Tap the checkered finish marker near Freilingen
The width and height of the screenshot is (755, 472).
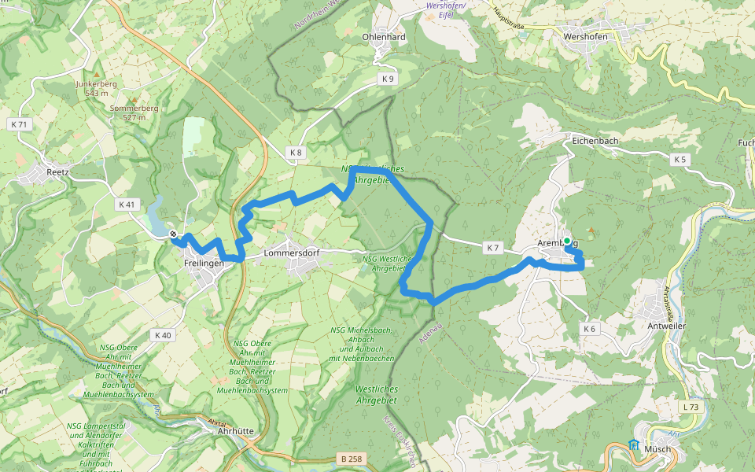(x=173, y=234)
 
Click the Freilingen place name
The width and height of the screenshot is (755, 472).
(x=204, y=263)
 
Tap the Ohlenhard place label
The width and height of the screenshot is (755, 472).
(x=384, y=37)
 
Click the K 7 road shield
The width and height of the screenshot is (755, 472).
(x=493, y=248)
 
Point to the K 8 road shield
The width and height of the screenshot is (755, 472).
(x=295, y=152)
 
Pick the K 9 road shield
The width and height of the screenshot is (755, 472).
(x=388, y=79)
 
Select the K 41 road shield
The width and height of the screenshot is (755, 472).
(x=127, y=205)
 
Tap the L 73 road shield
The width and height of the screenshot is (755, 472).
(x=691, y=407)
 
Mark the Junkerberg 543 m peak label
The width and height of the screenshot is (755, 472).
(x=96, y=87)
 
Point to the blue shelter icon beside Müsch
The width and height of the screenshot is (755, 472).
(x=634, y=445)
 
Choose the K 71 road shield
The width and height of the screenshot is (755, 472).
(x=19, y=124)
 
